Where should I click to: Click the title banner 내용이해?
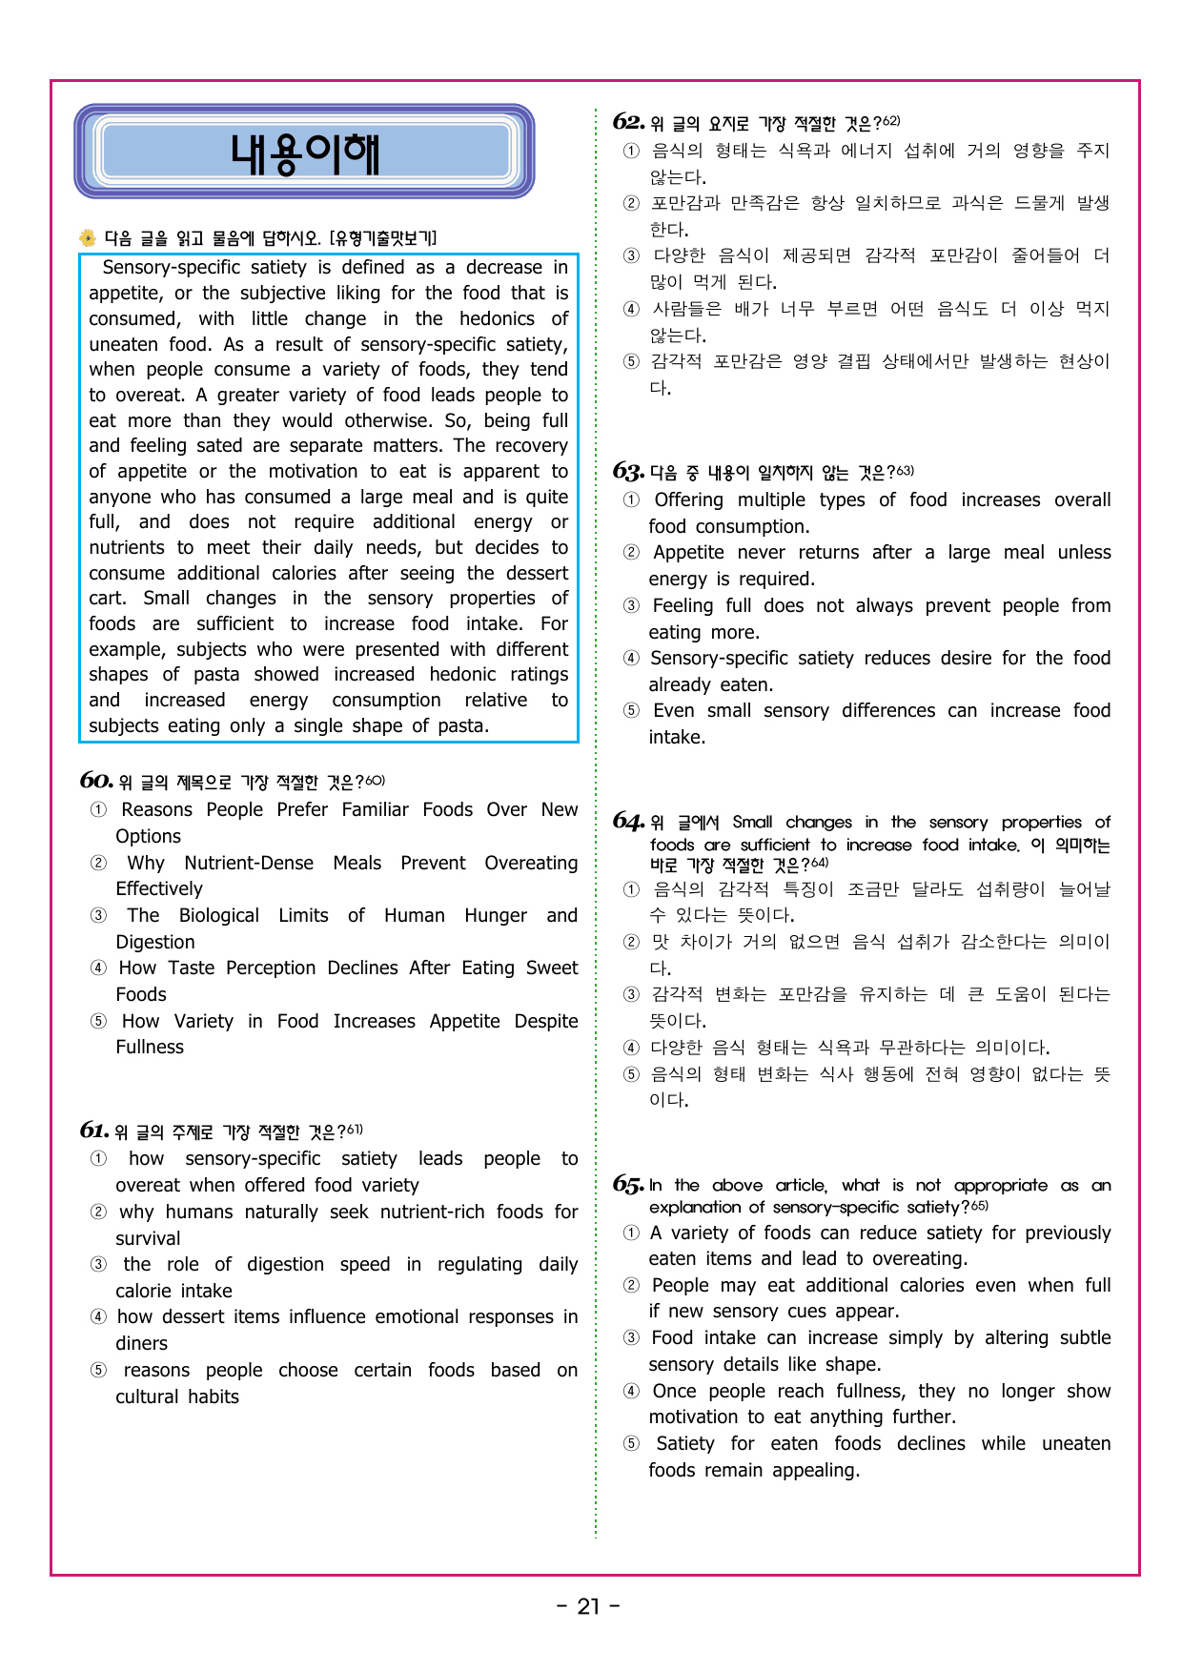[304, 153]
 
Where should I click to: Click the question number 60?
[96, 781]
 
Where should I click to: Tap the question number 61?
[94, 1131]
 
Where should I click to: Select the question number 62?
[629, 122]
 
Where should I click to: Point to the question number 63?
[629, 471]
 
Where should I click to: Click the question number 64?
[629, 821]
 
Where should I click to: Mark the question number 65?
[628, 1184]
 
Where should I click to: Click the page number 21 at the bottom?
[589, 1607]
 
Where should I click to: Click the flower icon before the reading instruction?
[88, 237]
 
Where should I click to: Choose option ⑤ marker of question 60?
[98, 1021]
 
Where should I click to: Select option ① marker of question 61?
[98, 1158]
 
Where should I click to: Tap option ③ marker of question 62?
[631, 255]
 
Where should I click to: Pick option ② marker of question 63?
[631, 553]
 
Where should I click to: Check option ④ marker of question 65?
[631, 1391]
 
